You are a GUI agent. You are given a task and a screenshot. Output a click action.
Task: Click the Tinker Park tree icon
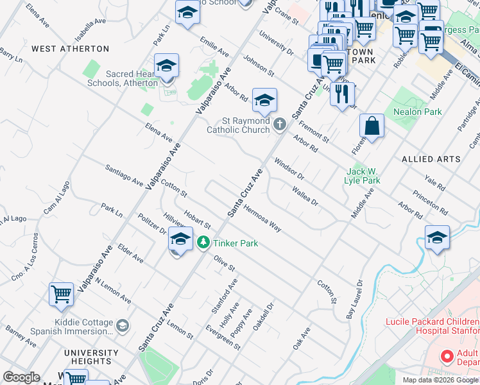coord(203,243)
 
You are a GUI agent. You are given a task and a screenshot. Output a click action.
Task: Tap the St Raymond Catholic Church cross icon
coord(279,124)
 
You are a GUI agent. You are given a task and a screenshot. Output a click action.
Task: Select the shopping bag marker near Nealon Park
coord(372,127)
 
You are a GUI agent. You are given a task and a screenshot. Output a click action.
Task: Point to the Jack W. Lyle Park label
coord(363,176)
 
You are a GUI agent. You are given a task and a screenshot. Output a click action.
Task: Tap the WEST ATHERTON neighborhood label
coord(70,49)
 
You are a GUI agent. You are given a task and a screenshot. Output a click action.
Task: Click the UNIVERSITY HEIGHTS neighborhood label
coord(90,357)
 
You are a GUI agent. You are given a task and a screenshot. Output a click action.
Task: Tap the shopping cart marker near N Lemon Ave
coord(61,295)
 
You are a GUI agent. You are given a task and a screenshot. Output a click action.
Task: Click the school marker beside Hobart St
coord(180,240)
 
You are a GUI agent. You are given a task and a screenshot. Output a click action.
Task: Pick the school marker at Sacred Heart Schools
coord(166,67)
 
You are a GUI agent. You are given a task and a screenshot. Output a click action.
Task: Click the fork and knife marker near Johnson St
coord(343,93)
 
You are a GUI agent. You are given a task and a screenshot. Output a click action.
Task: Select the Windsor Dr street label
coord(288,169)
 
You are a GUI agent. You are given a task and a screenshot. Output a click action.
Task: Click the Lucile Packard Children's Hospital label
coord(431,327)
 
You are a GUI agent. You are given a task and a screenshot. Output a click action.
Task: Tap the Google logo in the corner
coord(21,377)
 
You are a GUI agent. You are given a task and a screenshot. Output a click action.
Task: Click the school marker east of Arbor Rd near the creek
coord(437,238)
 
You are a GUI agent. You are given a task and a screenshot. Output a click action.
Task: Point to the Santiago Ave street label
coord(124,175)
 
